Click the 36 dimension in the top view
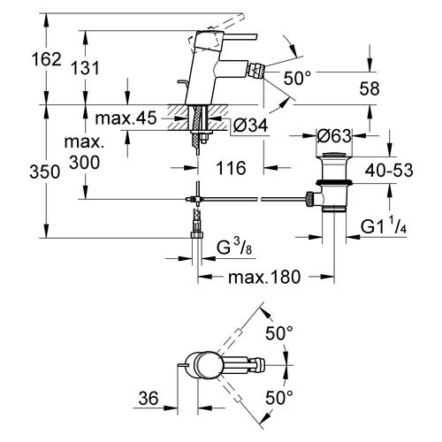(148, 399)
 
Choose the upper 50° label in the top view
(278, 334)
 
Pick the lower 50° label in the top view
(278, 399)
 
